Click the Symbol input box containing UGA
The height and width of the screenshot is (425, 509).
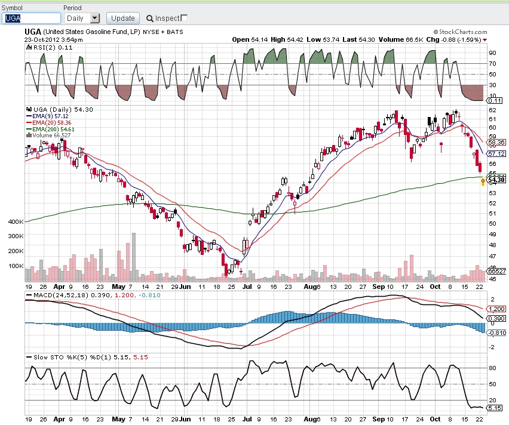click(x=31, y=18)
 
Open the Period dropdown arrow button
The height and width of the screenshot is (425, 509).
click(x=94, y=18)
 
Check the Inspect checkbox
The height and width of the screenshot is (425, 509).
click(x=184, y=18)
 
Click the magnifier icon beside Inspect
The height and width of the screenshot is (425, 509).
click(x=149, y=19)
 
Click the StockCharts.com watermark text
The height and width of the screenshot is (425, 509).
click(x=460, y=32)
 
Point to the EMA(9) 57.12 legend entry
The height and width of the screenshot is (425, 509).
click(x=47, y=116)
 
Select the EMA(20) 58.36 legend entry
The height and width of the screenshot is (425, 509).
click(x=49, y=122)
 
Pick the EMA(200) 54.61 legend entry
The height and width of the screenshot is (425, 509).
click(x=50, y=129)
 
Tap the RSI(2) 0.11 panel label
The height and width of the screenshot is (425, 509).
click(x=50, y=47)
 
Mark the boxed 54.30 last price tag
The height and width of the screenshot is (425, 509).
click(x=496, y=180)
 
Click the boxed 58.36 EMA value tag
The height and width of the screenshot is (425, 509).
click(x=496, y=143)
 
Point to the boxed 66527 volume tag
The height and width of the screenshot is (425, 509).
click(x=496, y=271)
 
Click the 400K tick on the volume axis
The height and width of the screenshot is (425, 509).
click(x=16, y=222)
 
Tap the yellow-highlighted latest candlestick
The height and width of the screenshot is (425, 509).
click(x=483, y=181)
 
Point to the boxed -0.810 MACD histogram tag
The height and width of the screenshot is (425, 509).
click(x=497, y=333)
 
